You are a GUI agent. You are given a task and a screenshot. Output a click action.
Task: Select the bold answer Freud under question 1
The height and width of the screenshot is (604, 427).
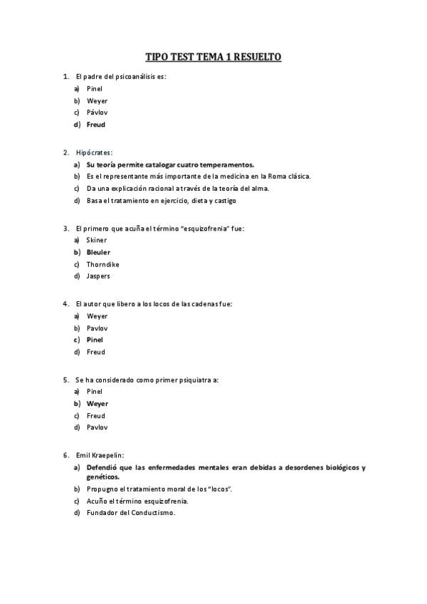(95, 125)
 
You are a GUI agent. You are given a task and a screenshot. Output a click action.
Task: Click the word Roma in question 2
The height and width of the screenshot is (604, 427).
(276, 176)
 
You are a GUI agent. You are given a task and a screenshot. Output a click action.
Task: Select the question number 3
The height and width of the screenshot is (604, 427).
(65, 229)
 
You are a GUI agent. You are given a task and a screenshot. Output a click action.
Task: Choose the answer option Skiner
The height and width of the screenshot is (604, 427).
(97, 240)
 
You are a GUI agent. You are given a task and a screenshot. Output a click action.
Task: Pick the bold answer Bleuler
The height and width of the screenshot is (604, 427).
(98, 252)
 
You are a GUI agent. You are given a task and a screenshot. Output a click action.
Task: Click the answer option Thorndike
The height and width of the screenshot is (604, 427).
(104, 264)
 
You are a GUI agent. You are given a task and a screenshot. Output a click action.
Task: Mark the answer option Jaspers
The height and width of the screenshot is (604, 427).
(98, 276)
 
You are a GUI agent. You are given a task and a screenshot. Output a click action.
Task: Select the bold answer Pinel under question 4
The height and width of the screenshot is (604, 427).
(95, 340)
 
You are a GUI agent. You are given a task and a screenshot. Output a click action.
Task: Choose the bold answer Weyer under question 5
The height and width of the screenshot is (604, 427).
(97, 403)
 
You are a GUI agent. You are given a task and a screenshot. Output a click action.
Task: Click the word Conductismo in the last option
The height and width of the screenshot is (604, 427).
(152, 513)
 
